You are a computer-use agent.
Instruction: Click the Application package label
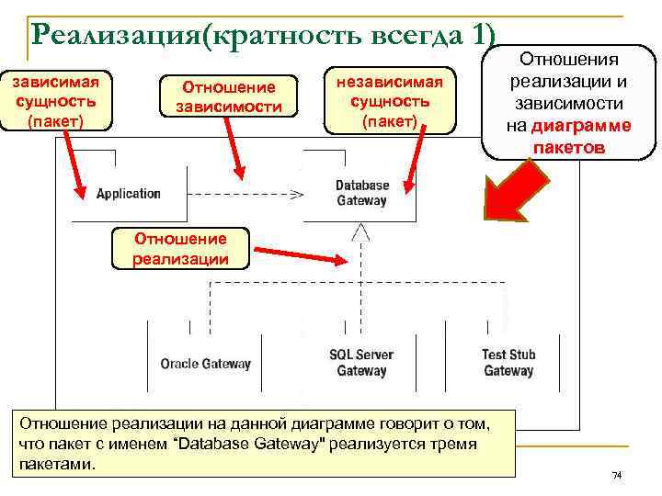click(x=128, y=193)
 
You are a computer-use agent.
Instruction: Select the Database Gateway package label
click(x=361, y=193)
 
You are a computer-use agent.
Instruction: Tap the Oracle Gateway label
click(x=205, y=364)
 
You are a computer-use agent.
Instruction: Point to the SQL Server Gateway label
click(x=361, y=363)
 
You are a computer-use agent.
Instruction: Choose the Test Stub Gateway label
click(x=508, y=363)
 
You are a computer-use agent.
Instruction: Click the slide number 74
click(x=617, y=475)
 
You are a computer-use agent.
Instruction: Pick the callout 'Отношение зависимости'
click(x=229, y=96)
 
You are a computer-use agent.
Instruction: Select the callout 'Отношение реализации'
click(x=180, y=249)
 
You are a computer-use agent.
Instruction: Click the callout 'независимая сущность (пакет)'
click(x=390, y=100)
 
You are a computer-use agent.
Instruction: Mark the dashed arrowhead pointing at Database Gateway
click(x=297, y=194)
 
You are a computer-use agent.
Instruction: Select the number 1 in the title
click(x=479, y=36)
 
